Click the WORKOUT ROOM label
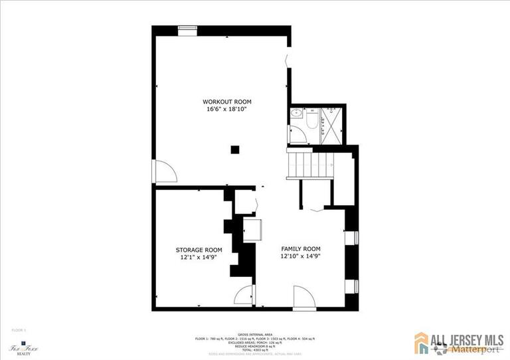(227, 102)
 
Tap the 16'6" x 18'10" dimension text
(227, 109)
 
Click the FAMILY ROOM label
(300, 248)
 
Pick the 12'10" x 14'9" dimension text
(300, 256)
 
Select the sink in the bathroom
(297, 114)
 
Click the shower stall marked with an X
(329, 122)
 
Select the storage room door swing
(244, 295)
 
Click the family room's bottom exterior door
(304, 296)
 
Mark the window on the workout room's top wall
(187, 29)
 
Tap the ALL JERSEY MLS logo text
(464, 338)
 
